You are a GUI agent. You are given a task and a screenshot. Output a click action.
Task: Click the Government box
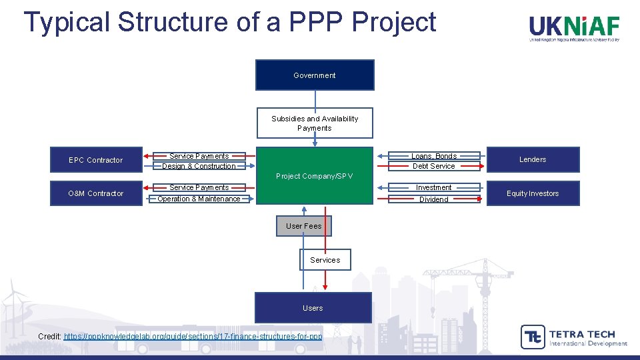(x=315, y=75)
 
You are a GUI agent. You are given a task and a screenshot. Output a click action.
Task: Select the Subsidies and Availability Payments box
(x=315, y=123)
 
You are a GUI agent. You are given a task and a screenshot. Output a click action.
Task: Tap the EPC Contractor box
(x=96, y=160)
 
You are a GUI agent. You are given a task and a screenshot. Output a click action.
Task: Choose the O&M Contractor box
(x=96, y=193)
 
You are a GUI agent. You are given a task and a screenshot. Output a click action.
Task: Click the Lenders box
(x=533, y=159)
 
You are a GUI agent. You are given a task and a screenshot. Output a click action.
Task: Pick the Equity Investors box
(x=533, y=193)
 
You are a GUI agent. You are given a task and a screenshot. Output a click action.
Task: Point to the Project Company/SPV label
(x=314, y=176)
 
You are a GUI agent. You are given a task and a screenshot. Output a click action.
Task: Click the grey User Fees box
(x=303, y=226)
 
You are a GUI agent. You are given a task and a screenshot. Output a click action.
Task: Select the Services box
(x=325, y=260)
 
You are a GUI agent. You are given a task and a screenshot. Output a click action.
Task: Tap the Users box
(x=313, y=308)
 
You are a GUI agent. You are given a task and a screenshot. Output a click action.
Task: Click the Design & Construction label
(x=199, y=166)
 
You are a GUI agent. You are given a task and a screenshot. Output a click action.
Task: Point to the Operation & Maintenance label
(x=199, y=199)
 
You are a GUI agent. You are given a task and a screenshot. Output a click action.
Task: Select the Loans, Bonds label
(x=434, y=156)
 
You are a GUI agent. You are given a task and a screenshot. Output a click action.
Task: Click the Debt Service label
(x=434, y=166)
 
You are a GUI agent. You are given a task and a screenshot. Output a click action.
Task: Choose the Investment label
(x=434, y=188)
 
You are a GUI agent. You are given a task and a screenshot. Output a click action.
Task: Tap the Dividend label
(x=434, y=199)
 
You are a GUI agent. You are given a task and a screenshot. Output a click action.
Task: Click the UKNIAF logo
(x=574, y=28)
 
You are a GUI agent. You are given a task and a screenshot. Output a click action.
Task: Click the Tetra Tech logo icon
(x=532, y=337)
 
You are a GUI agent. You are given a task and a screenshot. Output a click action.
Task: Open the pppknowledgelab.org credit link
(x=193, y=337)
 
